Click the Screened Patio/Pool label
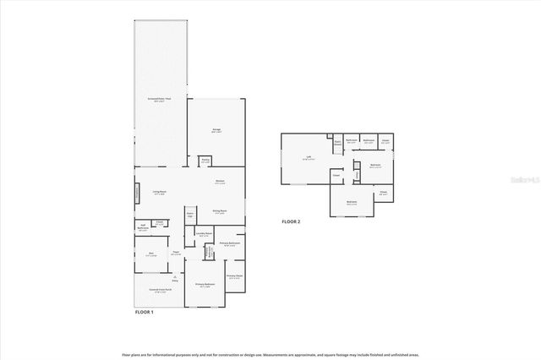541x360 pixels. tap(161, 99)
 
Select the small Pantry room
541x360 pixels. tap(205, 161)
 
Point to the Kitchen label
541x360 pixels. tap(219, 182)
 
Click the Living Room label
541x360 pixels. tap(158, 192)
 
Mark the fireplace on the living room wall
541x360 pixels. tap(137, 194)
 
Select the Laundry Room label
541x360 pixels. tap(203, 235)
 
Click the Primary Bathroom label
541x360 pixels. tap(230, 244)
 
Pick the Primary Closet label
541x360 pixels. tap(234, 276)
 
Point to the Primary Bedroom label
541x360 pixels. tap(204, 285)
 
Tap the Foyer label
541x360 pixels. tap(177, 254)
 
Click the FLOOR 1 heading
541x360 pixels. tap(145, 312)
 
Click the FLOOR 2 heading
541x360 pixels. tap(291, 222)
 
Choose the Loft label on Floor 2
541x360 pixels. tap(309, 158)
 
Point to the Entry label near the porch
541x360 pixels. tap(174, 278)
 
